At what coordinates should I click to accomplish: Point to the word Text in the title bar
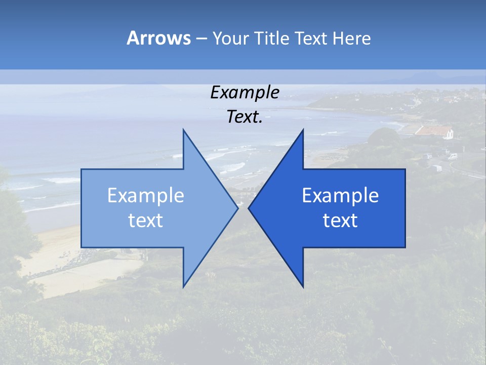[311, 38]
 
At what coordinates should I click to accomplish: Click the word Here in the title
[352, 38]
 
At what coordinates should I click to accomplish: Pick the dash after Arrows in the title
[201, 39]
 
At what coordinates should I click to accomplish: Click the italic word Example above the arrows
[245, 93]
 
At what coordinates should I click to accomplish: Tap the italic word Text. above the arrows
[245, 117]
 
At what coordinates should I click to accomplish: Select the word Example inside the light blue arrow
[146, 196]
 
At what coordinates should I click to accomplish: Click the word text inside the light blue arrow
[146, 221]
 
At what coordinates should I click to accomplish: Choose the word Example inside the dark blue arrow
[340, 196]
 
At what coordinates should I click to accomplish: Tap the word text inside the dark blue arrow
[340, 221]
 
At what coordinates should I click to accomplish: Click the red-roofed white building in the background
[434, 132]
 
